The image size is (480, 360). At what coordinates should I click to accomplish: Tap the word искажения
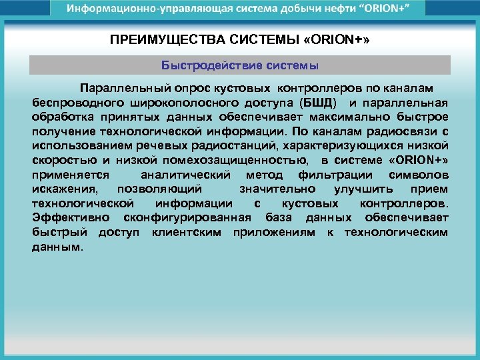pos(63,189)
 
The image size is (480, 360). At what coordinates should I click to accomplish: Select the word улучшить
pos(366,189)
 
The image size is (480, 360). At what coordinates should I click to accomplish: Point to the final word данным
pos(57,247)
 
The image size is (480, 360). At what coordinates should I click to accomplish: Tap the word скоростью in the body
pos(61,160)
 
